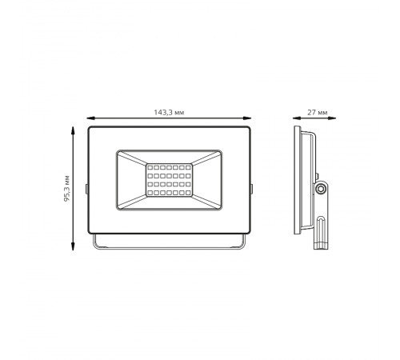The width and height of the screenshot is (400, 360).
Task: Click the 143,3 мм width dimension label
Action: coord(169,113)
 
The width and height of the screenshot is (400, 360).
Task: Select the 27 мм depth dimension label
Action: coord(318,113)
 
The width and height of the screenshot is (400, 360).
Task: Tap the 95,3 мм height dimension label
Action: coord(66,188)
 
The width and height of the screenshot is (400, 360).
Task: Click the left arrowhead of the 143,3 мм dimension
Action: coord(91,118)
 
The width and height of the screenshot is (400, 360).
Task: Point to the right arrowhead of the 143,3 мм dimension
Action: coord(247,118)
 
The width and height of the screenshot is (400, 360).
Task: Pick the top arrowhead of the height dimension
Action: coord(73,131)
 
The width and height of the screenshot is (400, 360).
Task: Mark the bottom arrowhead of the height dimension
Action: coord(73,246)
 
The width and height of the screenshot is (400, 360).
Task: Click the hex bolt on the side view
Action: coord(319,189)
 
